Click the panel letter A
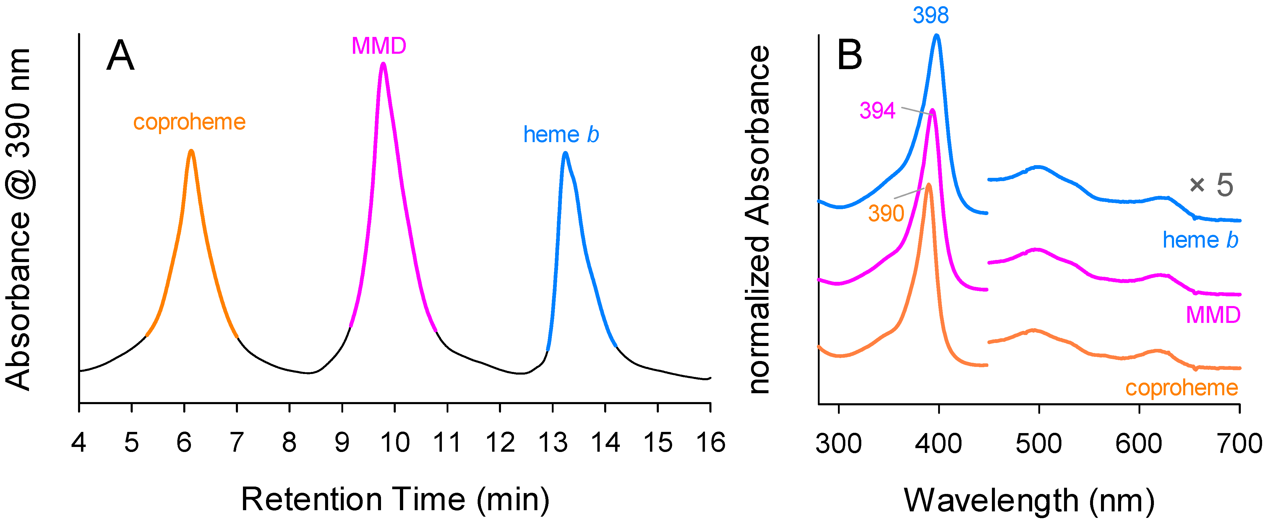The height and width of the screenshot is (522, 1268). tap(120, 56)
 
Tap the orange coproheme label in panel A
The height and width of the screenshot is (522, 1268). tap(189, 122)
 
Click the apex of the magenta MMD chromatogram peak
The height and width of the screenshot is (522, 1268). tap(383, 64)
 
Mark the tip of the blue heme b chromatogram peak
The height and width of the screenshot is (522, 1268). tap(565, 154)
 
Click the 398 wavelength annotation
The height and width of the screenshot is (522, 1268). tap(930, 15)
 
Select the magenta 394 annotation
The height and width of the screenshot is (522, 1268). tap(877, 111)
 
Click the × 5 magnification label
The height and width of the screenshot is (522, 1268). tap(1211, 186)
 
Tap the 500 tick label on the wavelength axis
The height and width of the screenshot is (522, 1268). tap(1038, 443)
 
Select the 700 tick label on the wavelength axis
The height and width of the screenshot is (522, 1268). tap(1239, 443)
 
